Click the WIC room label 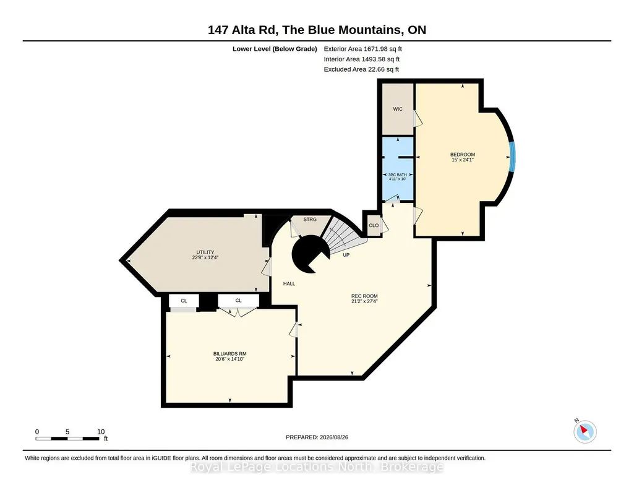398,109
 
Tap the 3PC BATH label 398,174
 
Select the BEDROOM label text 463,155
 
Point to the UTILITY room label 205,252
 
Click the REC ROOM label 364,296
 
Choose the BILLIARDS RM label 229,354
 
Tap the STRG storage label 310,220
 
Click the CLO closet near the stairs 374,226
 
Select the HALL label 289,284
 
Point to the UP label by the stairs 346,255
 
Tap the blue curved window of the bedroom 512,157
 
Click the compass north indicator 585,431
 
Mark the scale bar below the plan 67,439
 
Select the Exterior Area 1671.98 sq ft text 362,49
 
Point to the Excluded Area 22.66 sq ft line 361,69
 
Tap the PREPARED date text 317,437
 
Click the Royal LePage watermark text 317,467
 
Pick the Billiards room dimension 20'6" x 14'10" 229,359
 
